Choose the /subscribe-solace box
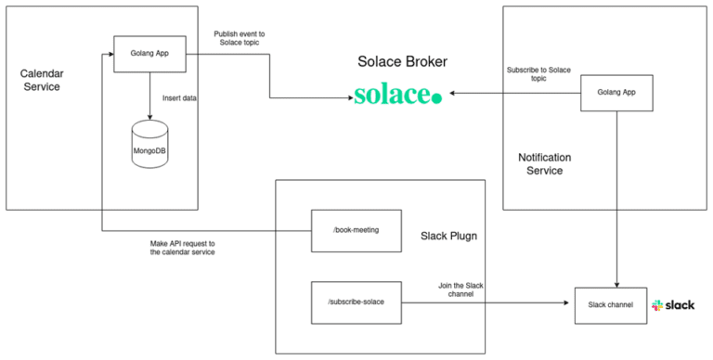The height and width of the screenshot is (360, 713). coord(356,303)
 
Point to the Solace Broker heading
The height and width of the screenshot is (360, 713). coord(403,62)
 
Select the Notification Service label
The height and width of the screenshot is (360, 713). coord(544,164)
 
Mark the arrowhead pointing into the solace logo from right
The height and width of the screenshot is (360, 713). coord(450,93)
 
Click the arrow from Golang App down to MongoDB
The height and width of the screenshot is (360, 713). coord(149,94)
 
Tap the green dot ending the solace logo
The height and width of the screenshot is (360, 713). coord(437,96)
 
